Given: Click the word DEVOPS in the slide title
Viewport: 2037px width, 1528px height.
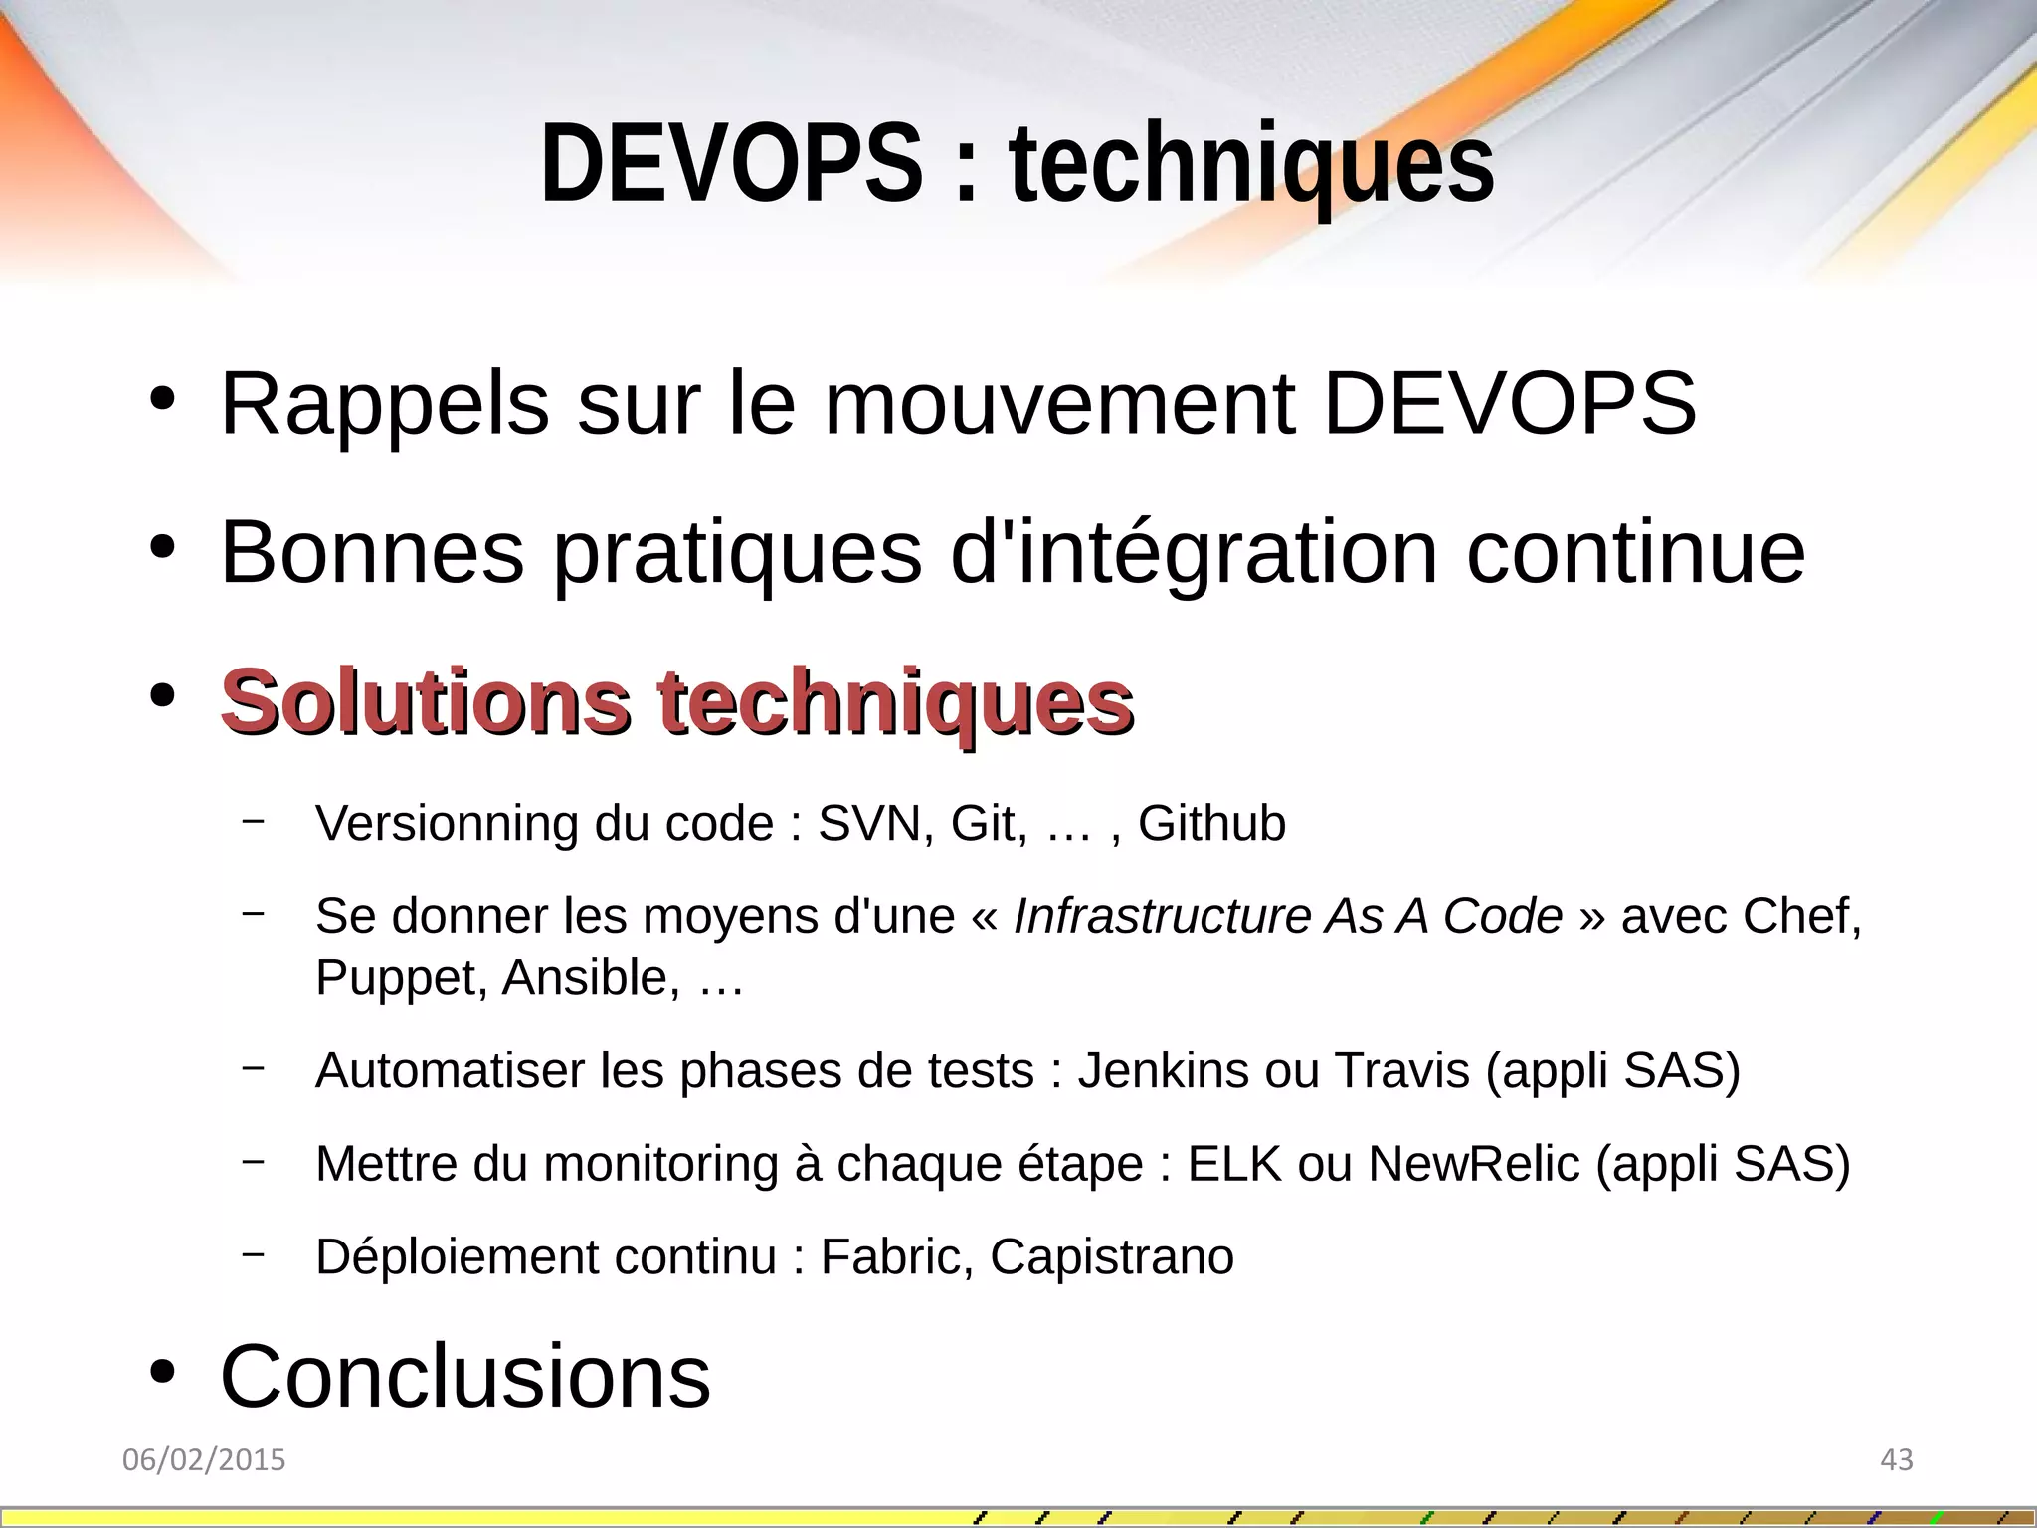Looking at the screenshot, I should pyautogui.click(x=731, y=163).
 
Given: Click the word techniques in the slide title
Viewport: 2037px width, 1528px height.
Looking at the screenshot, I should pyautogui.click(x=1251, y=163).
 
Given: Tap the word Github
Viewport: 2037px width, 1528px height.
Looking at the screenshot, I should pyautogui.click(x=1211, y=824).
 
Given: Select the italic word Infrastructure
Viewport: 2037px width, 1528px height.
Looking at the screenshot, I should pyautogui.click(x=1163, y=916).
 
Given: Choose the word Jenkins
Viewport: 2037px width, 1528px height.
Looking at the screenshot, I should pyautogui.click(x=1164, y=1071).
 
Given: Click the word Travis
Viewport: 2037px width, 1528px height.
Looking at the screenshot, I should pyautogui.click(x=1401, y=1071).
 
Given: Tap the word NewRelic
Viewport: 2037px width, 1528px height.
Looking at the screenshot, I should pyautogui.click(x=1474, y=1164).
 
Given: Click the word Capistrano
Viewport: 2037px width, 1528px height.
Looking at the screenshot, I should pyautogui.click(x=1112, y=1257).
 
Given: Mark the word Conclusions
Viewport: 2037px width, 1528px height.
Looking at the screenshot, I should pyautogui.click(x=465, y=1377).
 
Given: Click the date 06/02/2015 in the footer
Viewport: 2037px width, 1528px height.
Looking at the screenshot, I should pyautogui.click(x=204, y=1460).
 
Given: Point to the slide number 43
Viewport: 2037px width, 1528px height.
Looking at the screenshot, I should pyautogui.click(x=1897, y=1460).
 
